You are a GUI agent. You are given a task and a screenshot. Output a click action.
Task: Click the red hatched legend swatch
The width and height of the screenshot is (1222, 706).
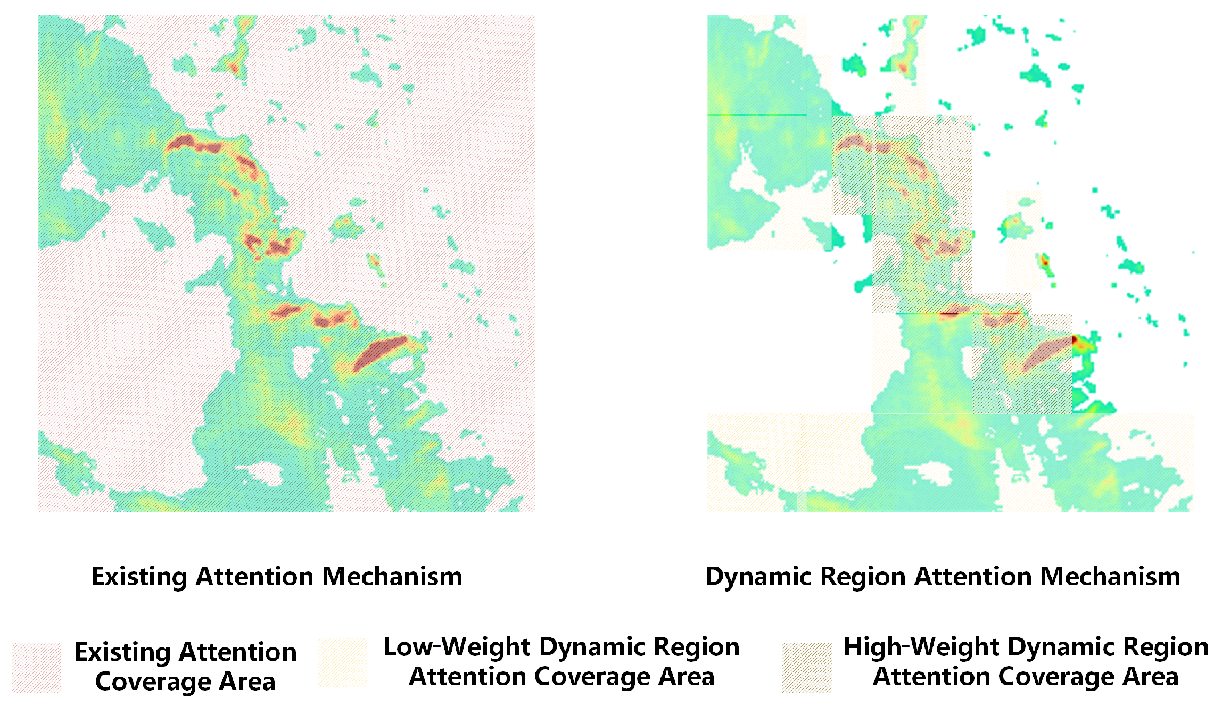click(37, 668)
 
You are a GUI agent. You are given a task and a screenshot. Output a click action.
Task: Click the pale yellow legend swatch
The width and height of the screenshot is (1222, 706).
click(342, 663)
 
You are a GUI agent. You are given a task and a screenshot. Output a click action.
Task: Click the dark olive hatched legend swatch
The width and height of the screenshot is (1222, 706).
click(806, 668)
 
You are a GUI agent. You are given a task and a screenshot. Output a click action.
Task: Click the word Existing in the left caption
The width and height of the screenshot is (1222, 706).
click(139, 577)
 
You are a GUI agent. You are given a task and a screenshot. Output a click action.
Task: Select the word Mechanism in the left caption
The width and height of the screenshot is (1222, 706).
click(392, 577)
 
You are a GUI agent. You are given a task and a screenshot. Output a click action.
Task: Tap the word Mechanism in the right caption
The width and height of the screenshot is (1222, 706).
click(1110, 577)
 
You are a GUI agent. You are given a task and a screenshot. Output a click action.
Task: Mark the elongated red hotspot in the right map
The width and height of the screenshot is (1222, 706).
click(1046, 353)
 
